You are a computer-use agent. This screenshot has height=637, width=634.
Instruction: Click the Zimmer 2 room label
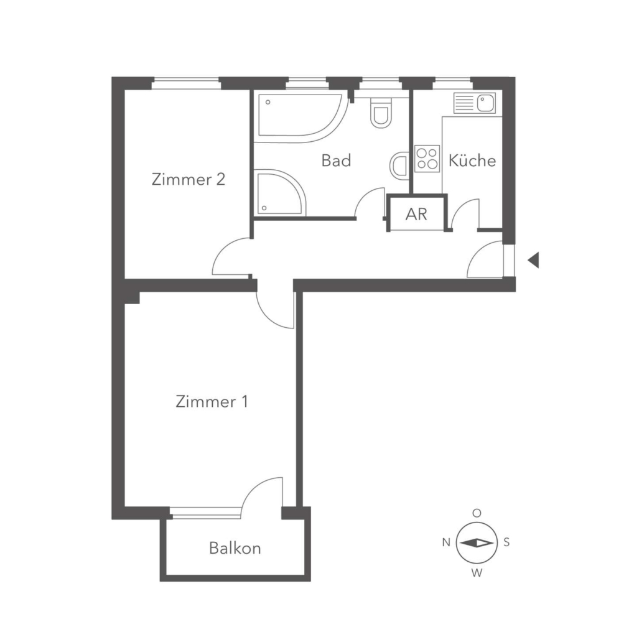click(x=188, y=179)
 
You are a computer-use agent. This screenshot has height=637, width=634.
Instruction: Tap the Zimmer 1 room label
click(x=212, y=401)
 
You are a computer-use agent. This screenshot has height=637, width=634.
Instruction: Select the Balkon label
click(x=235, y=548)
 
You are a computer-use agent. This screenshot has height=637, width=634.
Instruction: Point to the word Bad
click(x=336, y=160)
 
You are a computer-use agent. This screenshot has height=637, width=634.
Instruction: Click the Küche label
click(x=472, y=160)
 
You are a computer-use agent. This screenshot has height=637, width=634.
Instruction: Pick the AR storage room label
click(x=416, y=214)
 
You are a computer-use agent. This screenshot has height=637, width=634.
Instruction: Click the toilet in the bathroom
click(x=381, y=113)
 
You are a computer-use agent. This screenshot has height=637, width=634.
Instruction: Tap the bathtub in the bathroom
click(x=303, y=118)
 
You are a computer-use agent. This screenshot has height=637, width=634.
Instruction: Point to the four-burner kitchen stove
click(x=427, y=159)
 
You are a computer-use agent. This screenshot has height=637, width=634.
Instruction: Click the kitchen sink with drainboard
click(x=475, y=103)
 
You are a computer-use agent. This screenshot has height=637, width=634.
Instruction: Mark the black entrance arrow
click(x=534, y=260)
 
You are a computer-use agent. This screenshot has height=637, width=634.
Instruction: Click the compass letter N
click(x=446, y=542)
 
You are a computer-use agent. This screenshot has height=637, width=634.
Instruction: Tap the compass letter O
click(x=477, y=513)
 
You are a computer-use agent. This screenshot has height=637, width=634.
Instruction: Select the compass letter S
click(x=506, y=542)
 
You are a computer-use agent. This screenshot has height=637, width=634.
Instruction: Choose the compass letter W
click(x=477, y=573)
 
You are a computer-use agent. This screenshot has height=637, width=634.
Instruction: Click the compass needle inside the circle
click(x=477, y=543)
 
